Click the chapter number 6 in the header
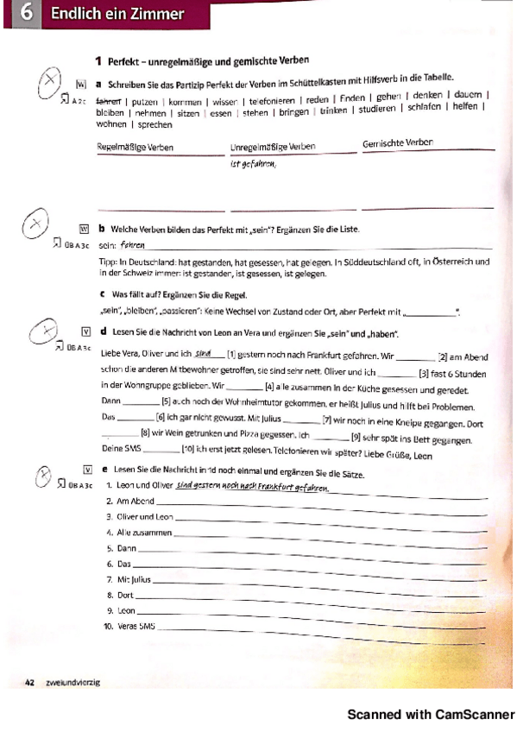[25, 14]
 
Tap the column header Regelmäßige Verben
[135, 147]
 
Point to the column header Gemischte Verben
[398, 142]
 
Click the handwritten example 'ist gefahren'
[252, 163]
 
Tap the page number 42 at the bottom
[29, 682]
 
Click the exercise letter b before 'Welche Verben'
[102, 229]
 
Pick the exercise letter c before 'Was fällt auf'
[103, 294]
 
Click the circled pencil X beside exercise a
[52, 83]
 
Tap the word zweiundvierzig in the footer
[75, 682]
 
